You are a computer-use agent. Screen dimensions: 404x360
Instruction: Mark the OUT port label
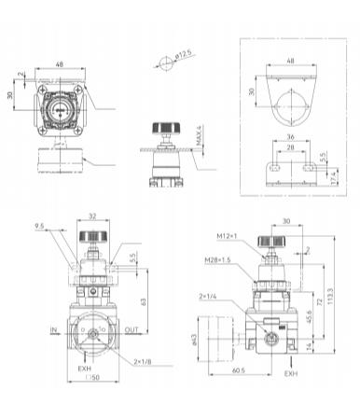click(132, 328)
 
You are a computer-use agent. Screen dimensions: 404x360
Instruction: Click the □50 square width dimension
click(90, 389)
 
